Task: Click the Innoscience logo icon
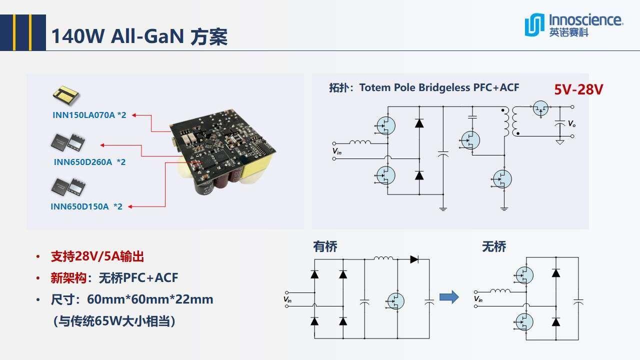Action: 534,25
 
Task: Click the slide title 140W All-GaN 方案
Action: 139,36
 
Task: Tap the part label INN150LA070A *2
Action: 89,115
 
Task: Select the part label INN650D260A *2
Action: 89,162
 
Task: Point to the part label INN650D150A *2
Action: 86,206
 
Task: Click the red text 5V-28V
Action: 578,89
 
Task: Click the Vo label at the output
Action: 571,123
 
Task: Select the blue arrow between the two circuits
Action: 449,297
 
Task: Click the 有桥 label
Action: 325,246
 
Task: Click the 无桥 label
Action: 494,246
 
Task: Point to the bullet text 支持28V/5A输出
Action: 97,256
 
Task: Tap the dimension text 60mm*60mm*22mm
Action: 150,299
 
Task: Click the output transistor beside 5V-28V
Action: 540,108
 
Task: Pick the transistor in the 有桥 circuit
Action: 395,300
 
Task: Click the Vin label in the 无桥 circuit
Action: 478,299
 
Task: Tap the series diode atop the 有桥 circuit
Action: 414,259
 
